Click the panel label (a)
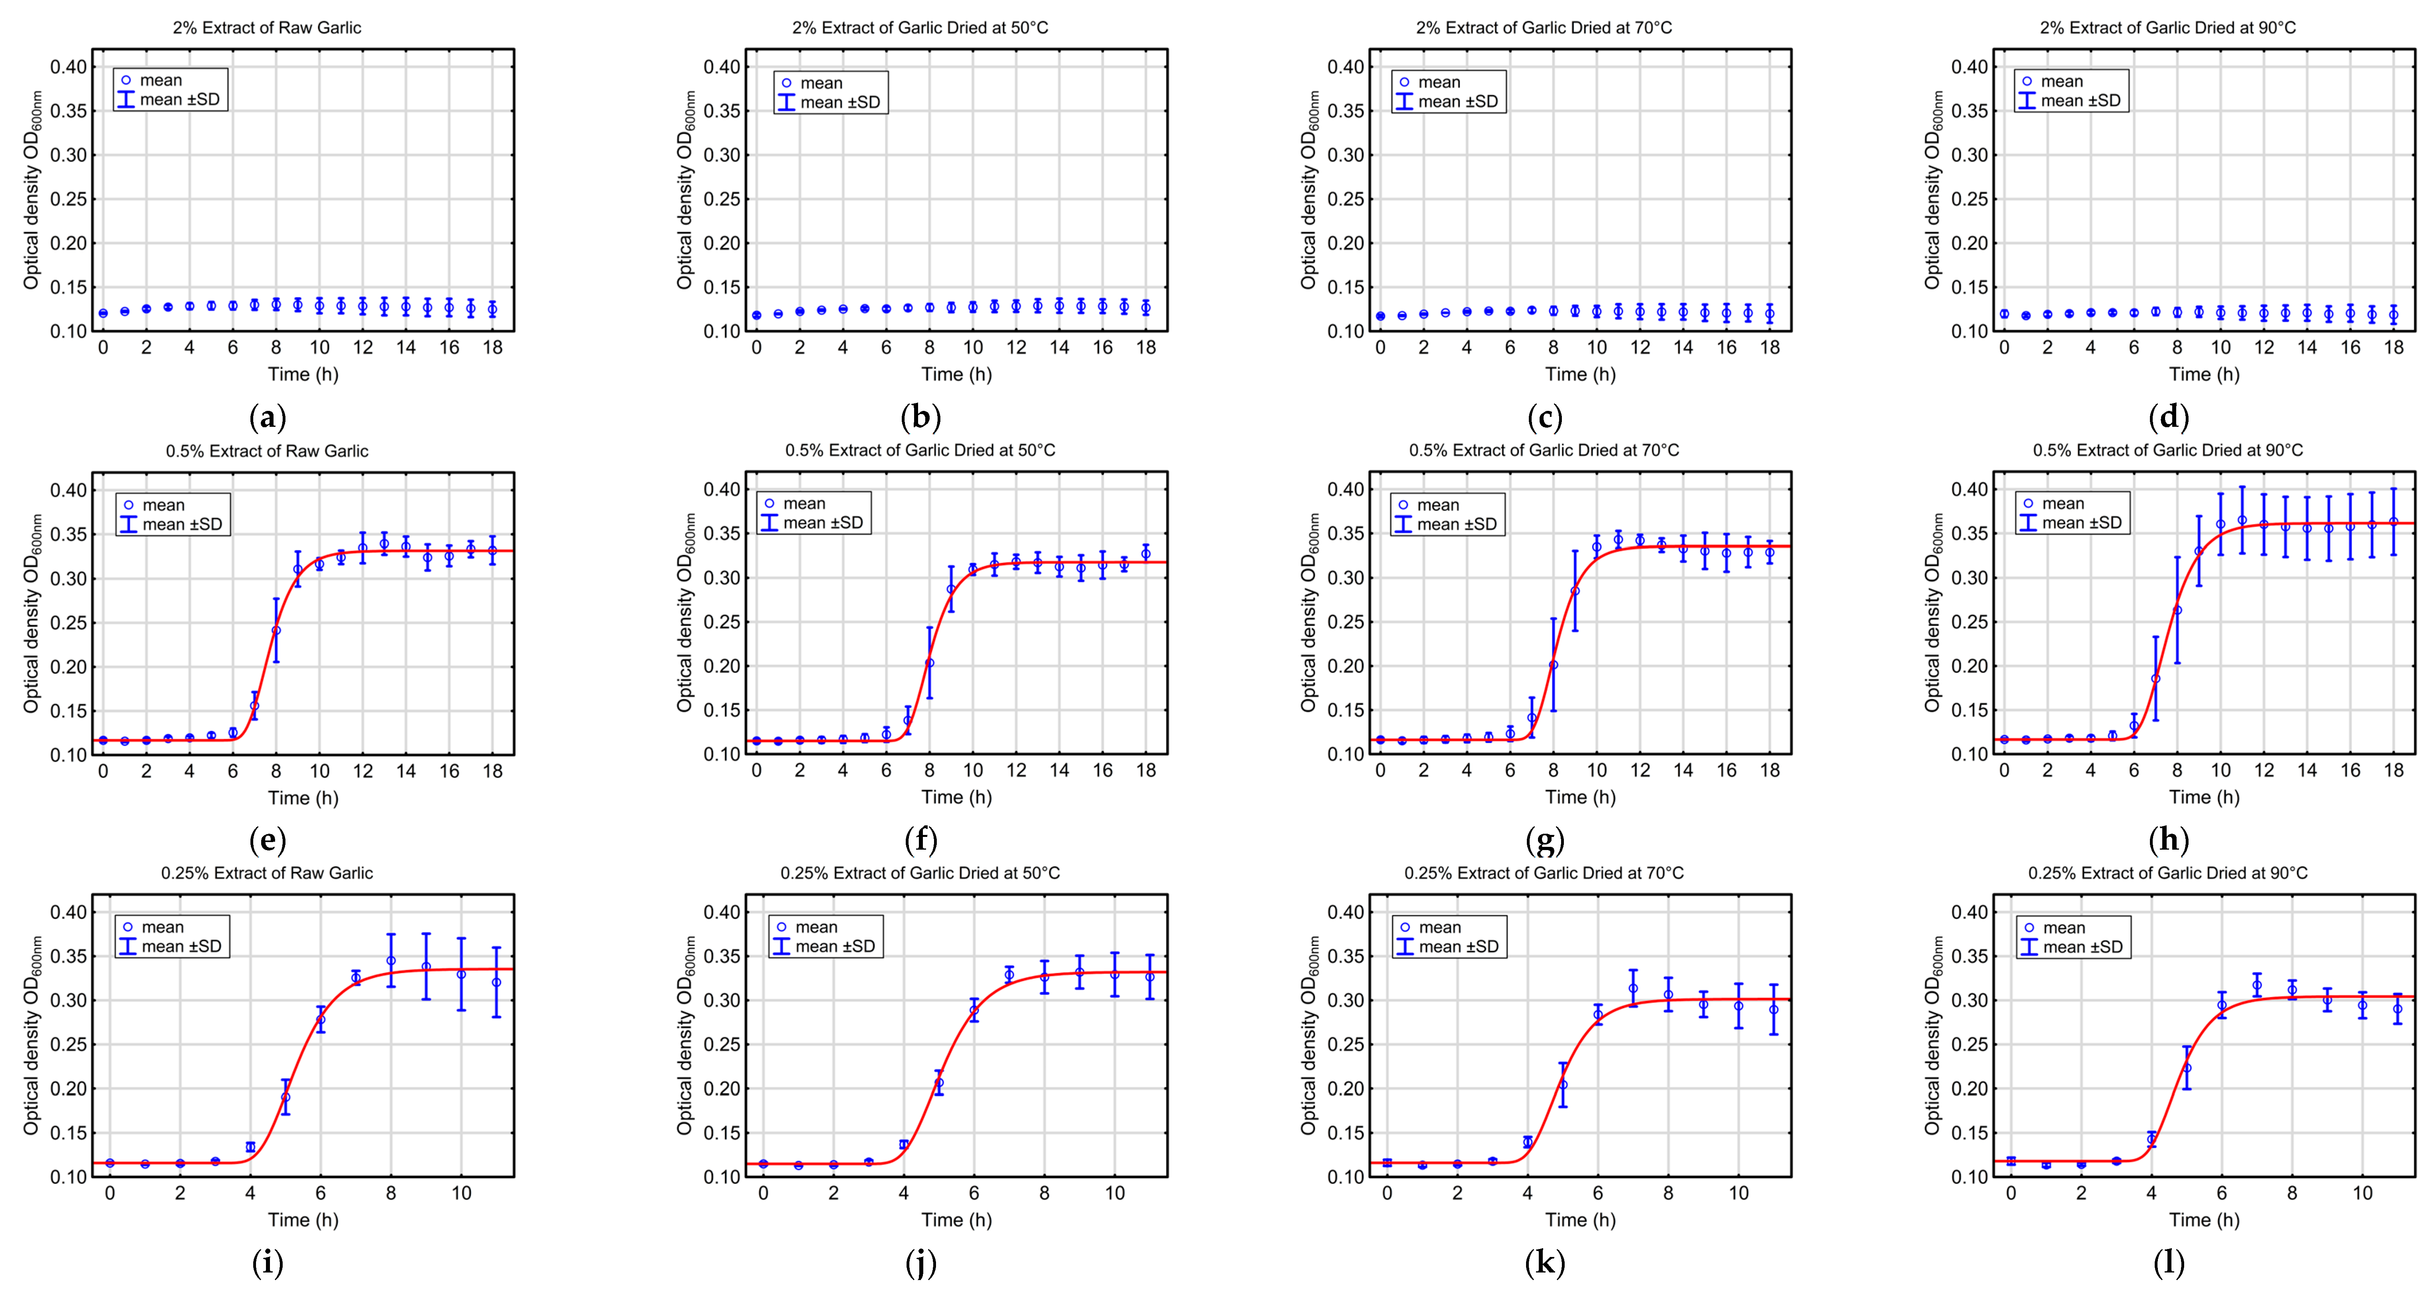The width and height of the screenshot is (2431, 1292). click(267, 416)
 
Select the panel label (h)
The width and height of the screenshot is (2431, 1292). click(2168, 839)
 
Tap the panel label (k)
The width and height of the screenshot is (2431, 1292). click(1544, 1262)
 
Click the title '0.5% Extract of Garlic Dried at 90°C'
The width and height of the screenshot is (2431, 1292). click(2168, 450)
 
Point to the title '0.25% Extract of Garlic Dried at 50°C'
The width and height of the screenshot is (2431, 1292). click(920, 873)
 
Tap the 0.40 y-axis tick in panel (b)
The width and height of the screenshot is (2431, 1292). click(722, 67)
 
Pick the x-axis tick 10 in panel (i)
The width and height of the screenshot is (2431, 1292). click(461, 1193)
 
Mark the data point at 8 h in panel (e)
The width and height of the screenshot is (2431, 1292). click(276, 630)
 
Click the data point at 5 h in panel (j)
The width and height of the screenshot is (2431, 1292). click(938, 1083)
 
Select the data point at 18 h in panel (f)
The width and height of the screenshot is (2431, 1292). click(1146, 554)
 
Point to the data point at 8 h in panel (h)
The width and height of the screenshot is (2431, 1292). click(2177, 611)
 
